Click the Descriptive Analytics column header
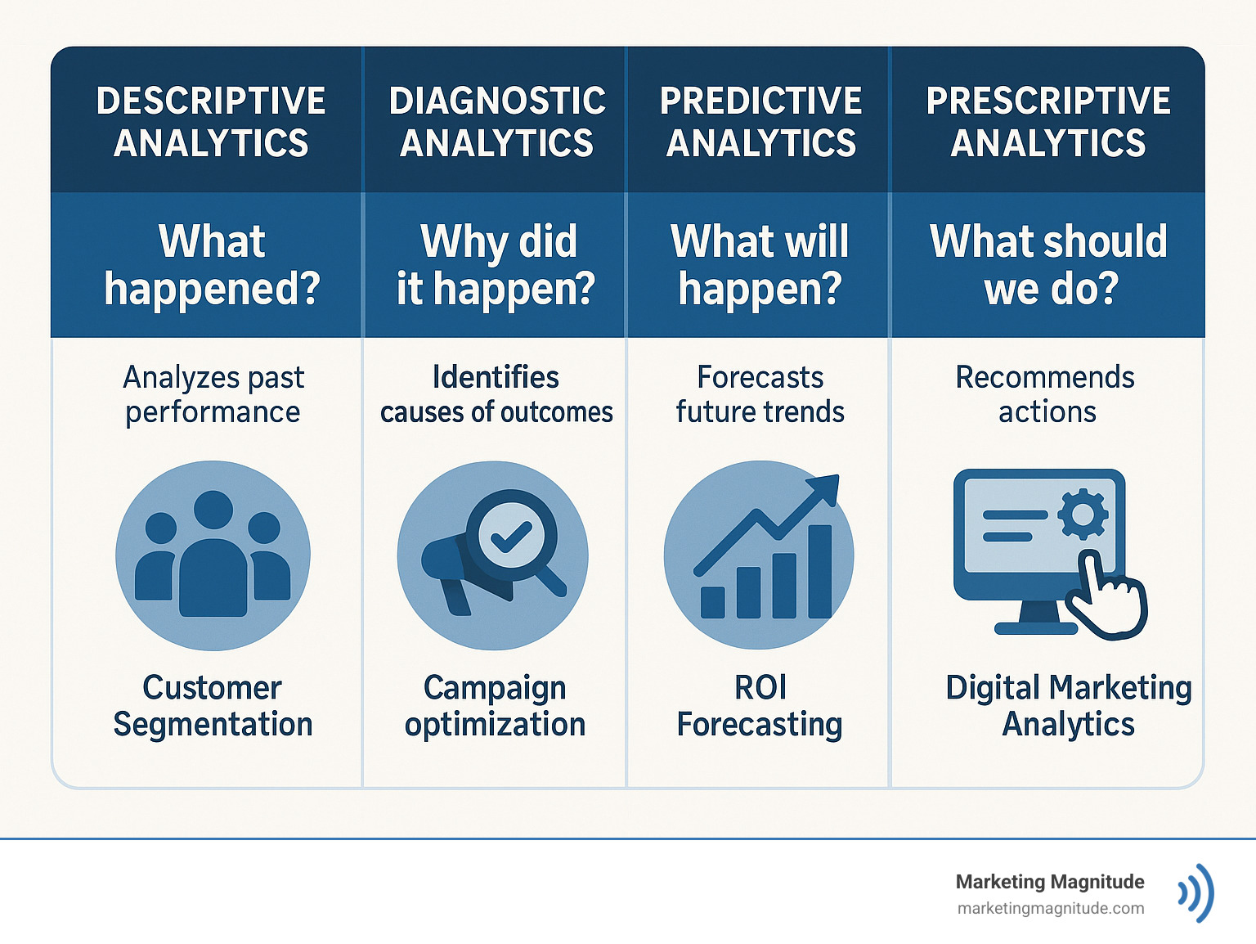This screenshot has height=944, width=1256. [x=211, y=121]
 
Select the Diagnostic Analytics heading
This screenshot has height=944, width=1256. [x=496, y=121]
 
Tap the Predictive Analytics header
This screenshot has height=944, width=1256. [x=760, y=121]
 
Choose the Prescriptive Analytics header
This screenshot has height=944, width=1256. [x=1048, y=121]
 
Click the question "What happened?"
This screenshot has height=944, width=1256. [x=212, y=264]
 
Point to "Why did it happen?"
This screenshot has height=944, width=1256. [x=496, y=264]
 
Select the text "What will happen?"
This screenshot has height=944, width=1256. [x=760, y=264]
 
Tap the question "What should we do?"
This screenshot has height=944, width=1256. [x=1049, y=264]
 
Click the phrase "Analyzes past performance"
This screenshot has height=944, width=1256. [x=213, y=394]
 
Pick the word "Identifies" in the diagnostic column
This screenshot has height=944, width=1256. [x=496, y=377]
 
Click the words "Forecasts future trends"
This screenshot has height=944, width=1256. [x=760, y=394]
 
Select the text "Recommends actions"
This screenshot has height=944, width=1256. [x=1046, y=394]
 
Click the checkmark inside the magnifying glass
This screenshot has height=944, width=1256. [x=510, y=537]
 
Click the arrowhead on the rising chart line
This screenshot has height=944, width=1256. [x=825, y=488]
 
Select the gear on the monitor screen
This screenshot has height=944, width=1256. [x=1083, y=515]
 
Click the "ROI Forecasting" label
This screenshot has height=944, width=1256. [x=760, y=705]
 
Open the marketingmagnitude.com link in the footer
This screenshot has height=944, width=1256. [x=1050, y=908]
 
